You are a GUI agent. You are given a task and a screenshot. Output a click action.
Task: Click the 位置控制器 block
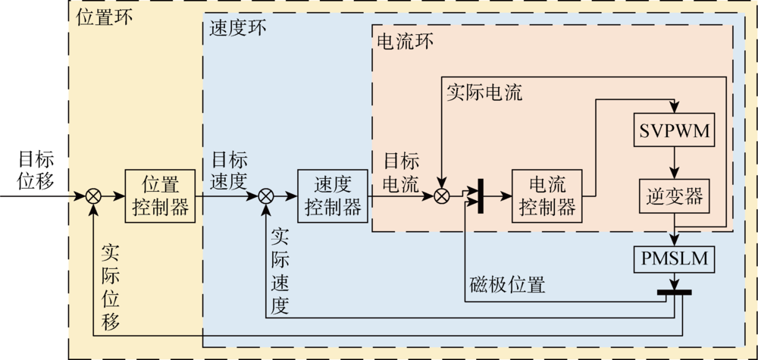click(x=160, y=196)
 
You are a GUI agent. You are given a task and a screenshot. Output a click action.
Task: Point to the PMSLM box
click(x=673, y=259)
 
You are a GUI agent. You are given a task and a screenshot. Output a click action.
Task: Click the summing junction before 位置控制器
click(x=94, y=196)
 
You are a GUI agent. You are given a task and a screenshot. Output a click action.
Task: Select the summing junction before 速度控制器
click(x=266, y=196)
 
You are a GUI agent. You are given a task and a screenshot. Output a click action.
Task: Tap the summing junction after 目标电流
click(x=442, y=196)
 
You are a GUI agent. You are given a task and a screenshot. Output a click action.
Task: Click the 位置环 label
click(x=105, y=17)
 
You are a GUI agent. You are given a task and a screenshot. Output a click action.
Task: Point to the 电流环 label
click(x=405, y=42)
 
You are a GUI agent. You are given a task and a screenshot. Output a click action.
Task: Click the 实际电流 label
click(x=484, y=92)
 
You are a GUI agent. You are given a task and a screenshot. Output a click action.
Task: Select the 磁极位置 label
click(x=507, y=286)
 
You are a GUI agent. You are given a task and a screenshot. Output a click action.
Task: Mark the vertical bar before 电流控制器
click(x=481, y=196)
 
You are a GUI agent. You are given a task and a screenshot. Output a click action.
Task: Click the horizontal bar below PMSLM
click(x=673, y=292)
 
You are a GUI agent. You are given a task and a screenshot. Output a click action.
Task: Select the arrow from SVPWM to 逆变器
click(x=673, y=163)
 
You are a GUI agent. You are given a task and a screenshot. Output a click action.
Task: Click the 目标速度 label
click(x=229, y=171)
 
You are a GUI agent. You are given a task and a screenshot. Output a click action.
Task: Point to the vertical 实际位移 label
click(x=111, y=286)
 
